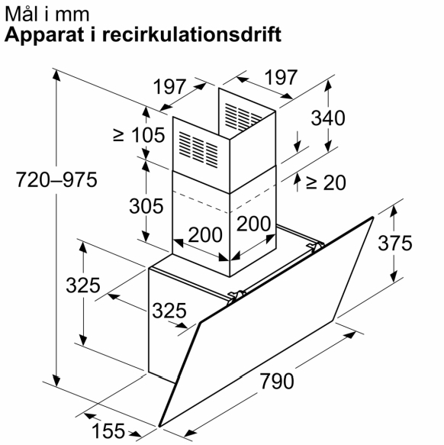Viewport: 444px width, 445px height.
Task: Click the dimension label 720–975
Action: pyautogui.click(x=56, y=179)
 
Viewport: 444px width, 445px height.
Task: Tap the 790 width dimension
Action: pyautogui.click(x=277, y=381)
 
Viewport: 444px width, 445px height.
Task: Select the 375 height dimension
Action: pyautogui.click(x=394, y=243)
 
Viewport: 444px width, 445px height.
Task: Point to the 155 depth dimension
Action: pyautogui.click(x=108, y=430)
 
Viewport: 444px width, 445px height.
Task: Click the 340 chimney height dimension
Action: pyautogui.click(x=328, y=118)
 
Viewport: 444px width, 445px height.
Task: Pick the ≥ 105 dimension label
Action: pyautogui.click(x=139, y=135)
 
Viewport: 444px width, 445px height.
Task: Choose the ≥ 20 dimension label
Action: pyautogui.click(x=327, y=182)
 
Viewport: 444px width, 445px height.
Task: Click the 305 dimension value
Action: pyautogui.click(x=146, y=206)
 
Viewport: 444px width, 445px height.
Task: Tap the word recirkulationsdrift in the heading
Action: pyautogui.click(x=191, y=34)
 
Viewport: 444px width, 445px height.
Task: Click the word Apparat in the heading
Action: pyautogui.click(x=44, y=35)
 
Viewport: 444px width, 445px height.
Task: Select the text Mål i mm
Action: pyautogui.click(x=47, y=14)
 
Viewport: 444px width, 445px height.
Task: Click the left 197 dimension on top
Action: pyautogui.click(x=169, y=86)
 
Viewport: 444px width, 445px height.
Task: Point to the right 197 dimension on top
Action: pyautogui.click(x=281, y=77)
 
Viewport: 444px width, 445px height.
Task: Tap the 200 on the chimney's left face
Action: pyautogui.click(x=205, y=234)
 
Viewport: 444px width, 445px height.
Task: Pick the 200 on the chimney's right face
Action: pyautogui.click(x=253, y=224)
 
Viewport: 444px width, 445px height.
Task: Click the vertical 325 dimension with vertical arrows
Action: pyautogui.click(x=83, y=285)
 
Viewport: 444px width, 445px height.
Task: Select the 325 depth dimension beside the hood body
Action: pyautogui.click(x=169, y=311)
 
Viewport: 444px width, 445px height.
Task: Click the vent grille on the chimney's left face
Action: pyautogui.click(x=198, y=150)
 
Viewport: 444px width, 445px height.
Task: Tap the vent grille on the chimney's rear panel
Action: pyautogui.click(x=243, y=117)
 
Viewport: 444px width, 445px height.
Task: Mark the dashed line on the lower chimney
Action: pyautogui.click(x=224, y=200)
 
